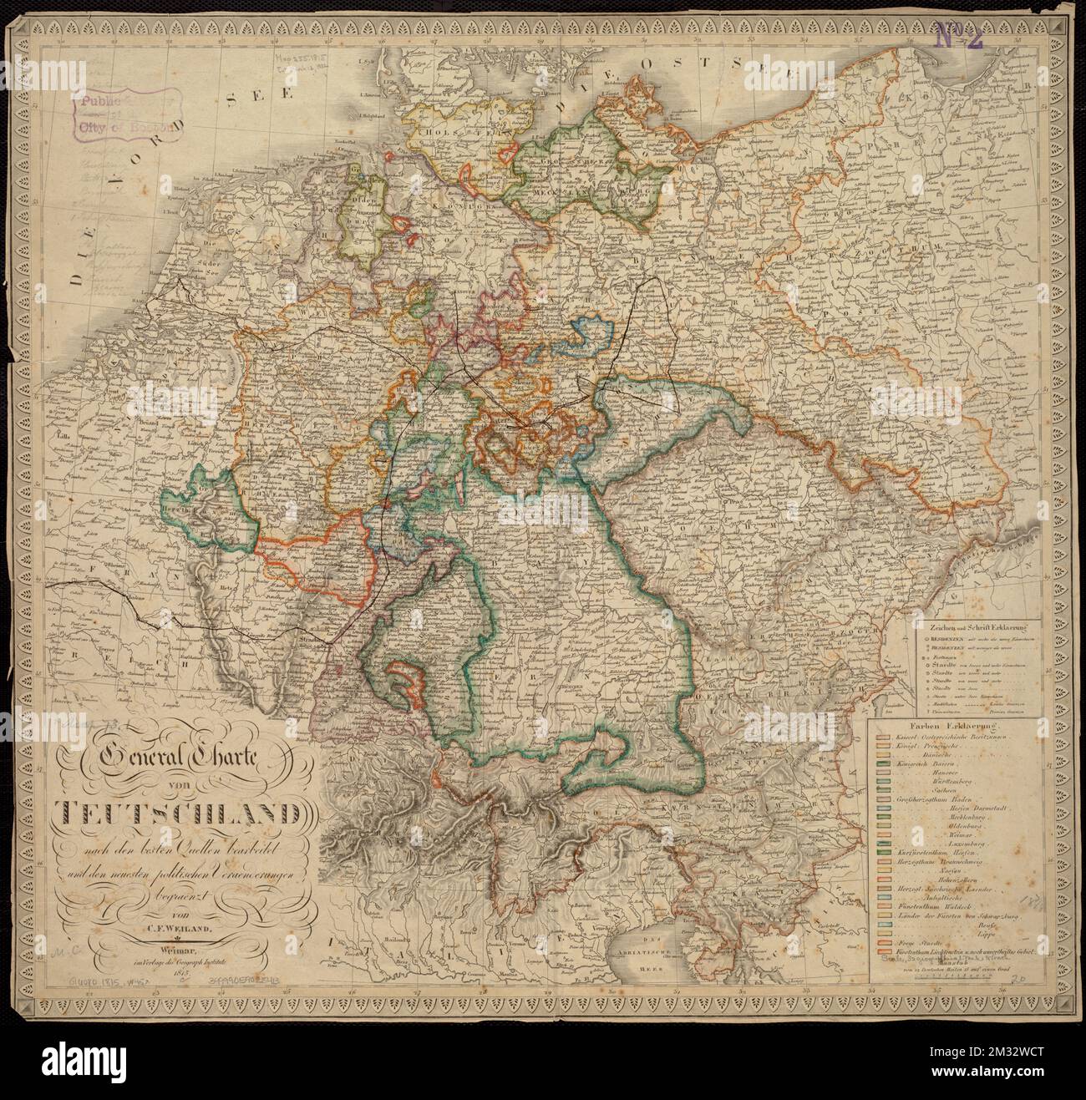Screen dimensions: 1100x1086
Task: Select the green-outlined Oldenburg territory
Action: point(365,221)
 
